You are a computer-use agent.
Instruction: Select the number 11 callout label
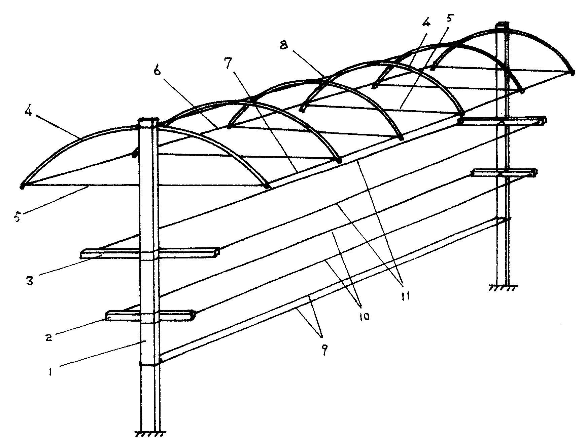406,296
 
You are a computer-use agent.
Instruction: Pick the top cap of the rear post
503,25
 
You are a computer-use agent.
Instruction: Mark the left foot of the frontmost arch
22,186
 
